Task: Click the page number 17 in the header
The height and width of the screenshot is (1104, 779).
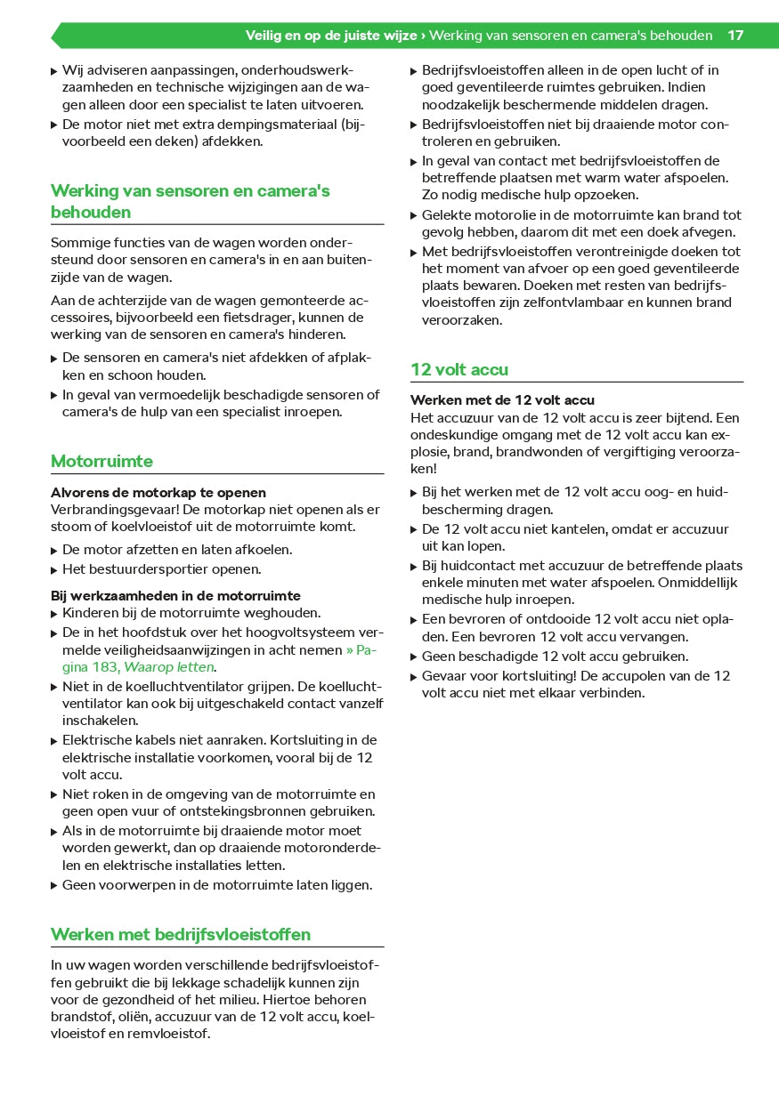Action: point(734,36)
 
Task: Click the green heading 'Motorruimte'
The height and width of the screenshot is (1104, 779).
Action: point(101,461)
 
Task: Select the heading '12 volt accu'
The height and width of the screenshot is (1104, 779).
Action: point(459,369)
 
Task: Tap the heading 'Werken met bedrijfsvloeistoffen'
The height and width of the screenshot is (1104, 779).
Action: point(181,934)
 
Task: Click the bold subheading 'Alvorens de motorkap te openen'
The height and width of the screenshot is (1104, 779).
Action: point(158,492)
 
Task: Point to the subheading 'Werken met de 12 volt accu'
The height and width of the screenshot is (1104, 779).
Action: point(502,400)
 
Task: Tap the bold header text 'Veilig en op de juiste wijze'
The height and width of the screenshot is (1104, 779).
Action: point(331,36)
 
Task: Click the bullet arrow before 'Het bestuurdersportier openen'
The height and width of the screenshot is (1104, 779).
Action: point(54,570)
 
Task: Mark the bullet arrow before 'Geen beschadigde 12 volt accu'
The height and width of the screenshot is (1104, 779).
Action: point(414,657)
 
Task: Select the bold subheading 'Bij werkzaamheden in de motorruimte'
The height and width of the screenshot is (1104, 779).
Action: point(175,596)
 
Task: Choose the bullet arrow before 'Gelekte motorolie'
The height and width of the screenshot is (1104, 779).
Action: point(414,216)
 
